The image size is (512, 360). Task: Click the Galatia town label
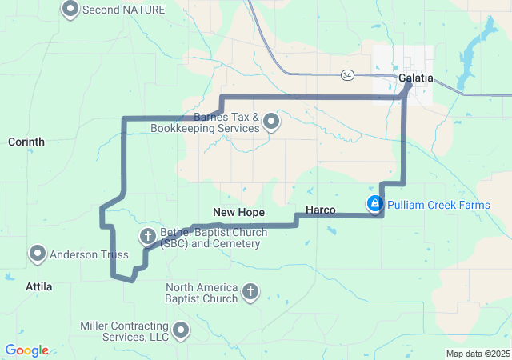415,78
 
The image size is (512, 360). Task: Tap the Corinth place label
26,142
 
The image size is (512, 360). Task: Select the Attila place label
38,286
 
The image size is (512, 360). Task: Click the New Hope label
238,211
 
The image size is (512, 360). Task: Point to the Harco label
321,210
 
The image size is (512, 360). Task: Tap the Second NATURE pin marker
70,10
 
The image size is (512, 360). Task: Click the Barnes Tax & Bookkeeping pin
271,122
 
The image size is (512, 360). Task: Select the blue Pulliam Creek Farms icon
374,205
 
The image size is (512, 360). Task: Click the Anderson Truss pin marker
38,254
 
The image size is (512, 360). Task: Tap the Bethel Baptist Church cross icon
147,236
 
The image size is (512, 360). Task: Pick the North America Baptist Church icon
250,292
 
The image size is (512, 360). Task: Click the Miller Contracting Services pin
182,330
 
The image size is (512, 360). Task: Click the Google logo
26,350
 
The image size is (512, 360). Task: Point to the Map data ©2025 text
477,354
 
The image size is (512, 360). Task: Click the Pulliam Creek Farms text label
438,205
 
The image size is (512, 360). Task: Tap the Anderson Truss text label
89,255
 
